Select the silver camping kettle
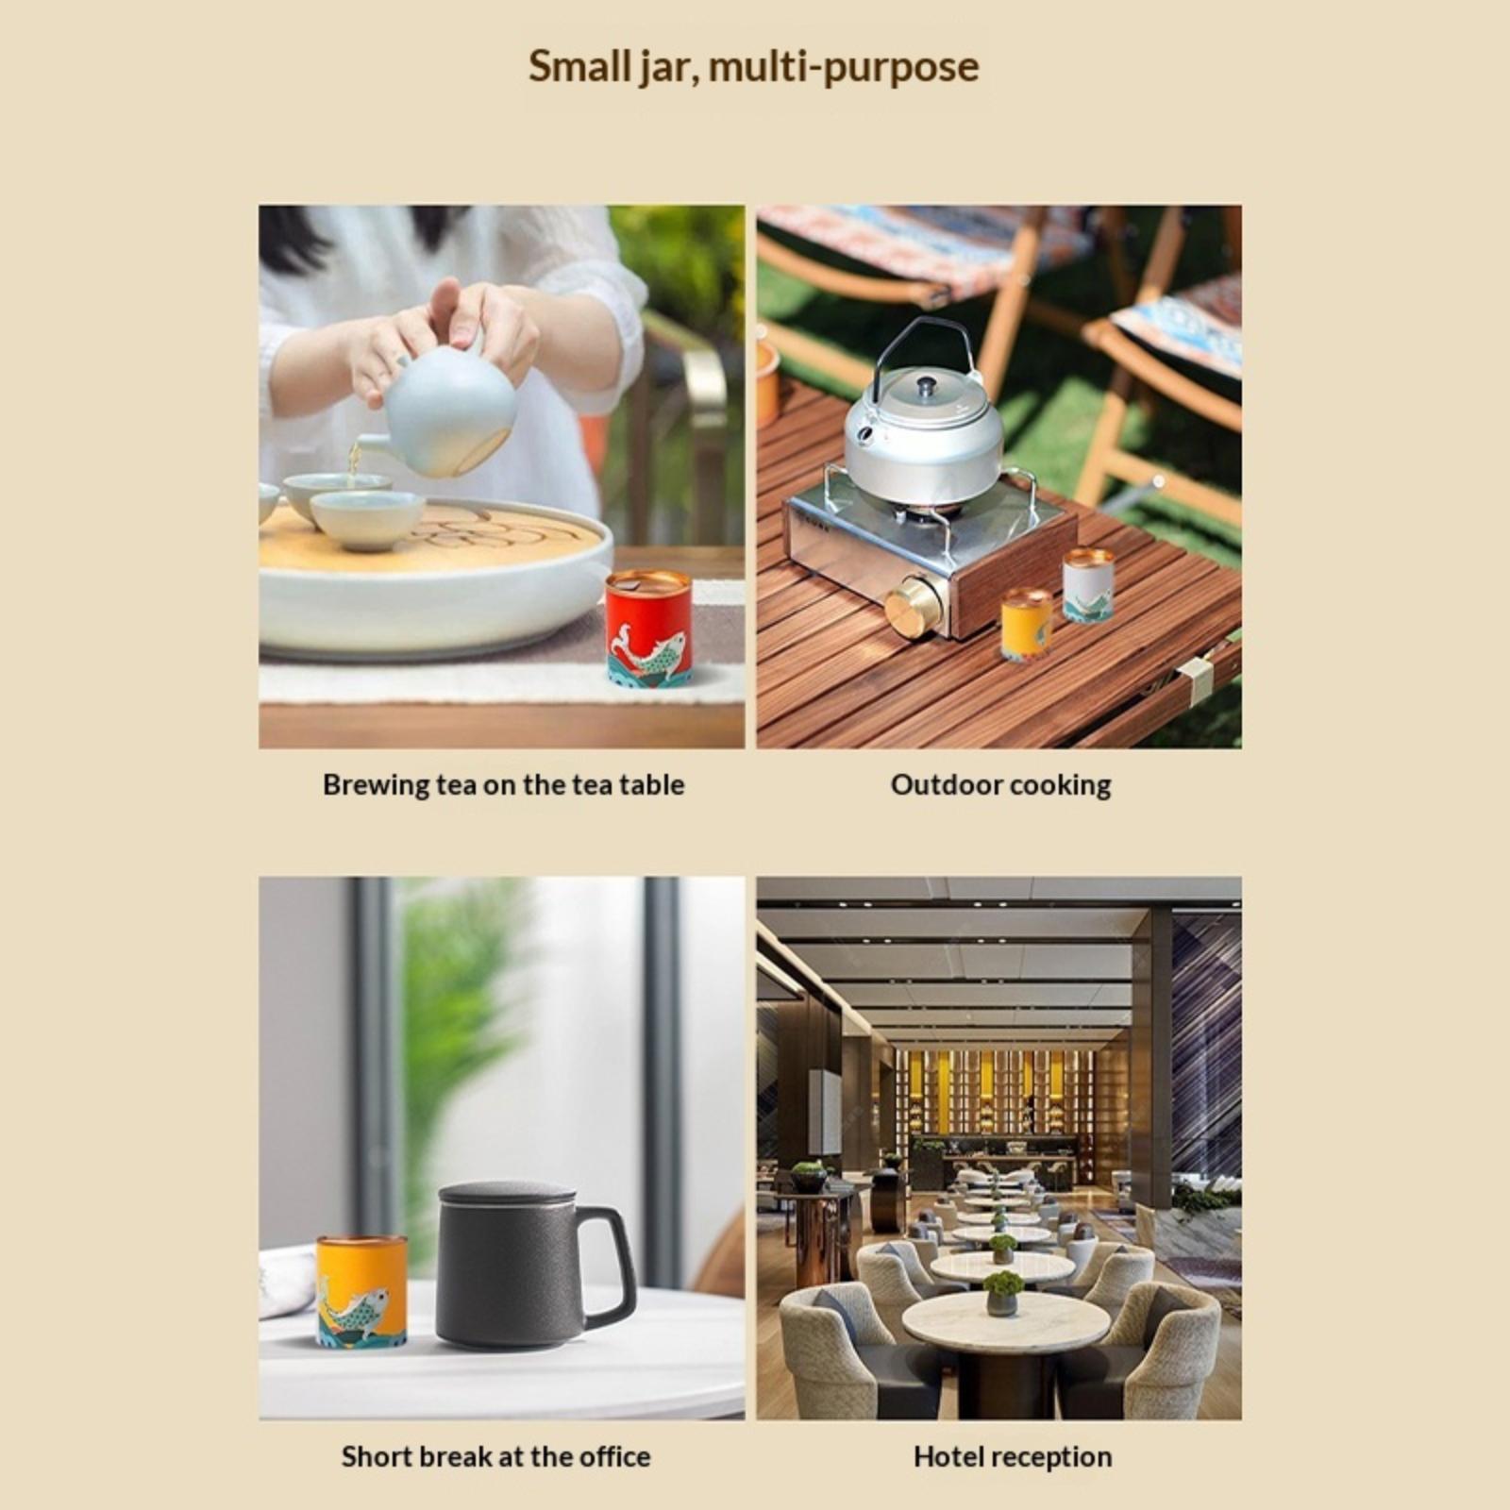(x=922, y=415)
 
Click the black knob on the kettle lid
(x=927, y=384)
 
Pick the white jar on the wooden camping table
(x=1088, y=585)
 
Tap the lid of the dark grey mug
(x=507, y=1196)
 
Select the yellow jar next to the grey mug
(x=361, y=1290)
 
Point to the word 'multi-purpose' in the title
(x=844, y=68)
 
